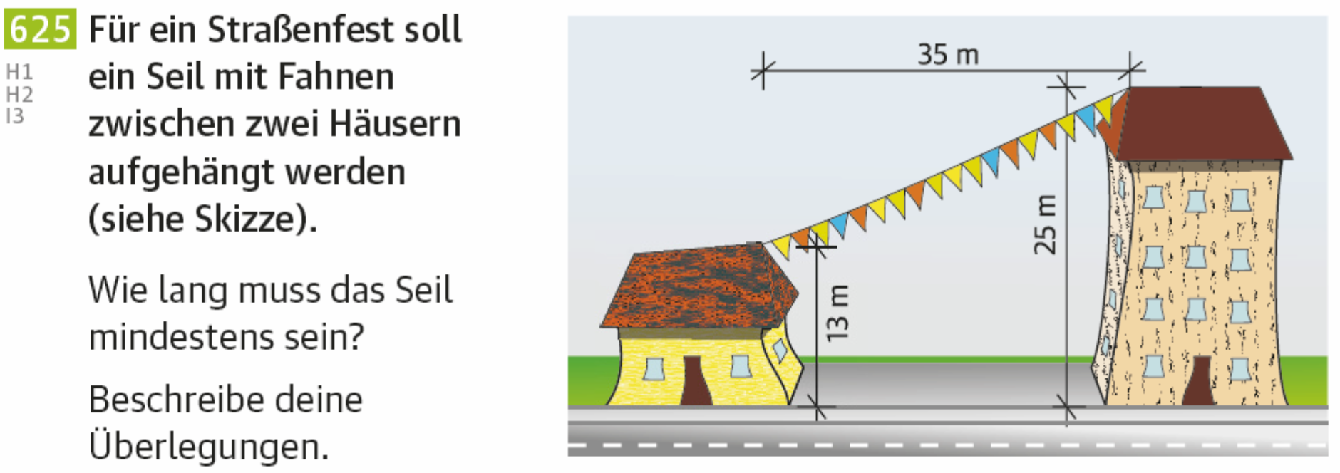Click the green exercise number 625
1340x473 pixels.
40,30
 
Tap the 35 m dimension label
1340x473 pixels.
948,54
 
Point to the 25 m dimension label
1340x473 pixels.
1045,224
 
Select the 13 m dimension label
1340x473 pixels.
837,313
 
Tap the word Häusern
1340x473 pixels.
395,124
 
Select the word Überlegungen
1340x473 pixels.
208,447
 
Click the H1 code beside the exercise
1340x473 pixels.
19,72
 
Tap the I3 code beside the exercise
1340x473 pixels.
15,116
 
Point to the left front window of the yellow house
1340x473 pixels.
654,368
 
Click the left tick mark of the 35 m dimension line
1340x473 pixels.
763,71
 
